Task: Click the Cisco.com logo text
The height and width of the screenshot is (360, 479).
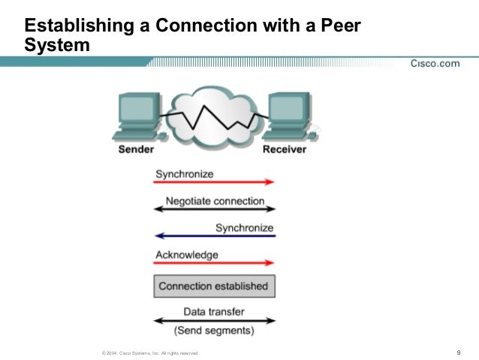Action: coord(435,63)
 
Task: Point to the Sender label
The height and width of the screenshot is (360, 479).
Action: coord(137,150)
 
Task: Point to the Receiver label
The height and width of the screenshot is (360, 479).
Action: coord(285,150)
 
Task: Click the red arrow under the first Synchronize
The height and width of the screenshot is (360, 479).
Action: coord(215,183)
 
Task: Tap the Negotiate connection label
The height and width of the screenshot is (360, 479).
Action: coord(215,201)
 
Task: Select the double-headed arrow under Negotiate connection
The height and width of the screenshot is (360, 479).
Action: coord(215,210)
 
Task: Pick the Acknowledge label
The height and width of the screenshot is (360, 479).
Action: coord(186,255)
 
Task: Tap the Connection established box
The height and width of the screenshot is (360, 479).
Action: coord(213,286)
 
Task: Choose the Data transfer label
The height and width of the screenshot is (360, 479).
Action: coord(214,311)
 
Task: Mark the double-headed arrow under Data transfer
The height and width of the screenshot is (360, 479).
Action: coord(215,321)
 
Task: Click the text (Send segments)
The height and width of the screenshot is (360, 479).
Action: coord(214,331)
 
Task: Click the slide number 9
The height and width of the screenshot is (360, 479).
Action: coord(458,352)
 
